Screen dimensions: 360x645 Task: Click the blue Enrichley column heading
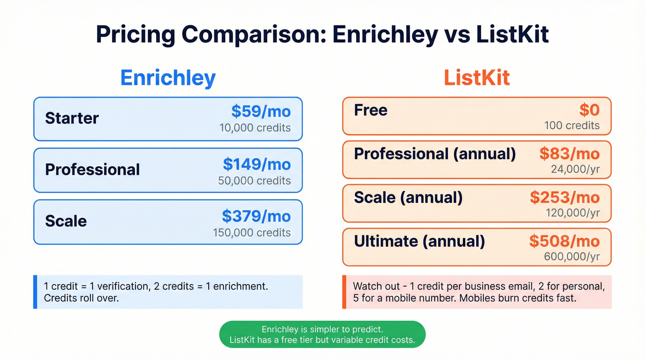point(168,78)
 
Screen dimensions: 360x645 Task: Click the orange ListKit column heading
point(476,78)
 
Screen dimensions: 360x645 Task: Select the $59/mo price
point(261,112)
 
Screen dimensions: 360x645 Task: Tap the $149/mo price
point(257,164)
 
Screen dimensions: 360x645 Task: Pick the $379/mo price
point(256,216)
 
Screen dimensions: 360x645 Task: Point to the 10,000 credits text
point(255,128)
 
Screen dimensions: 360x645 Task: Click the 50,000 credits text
point(254,180)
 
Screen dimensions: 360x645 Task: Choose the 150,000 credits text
point(252,232)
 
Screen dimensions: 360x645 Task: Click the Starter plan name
point(72,118)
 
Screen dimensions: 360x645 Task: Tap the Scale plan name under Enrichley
point(66,221)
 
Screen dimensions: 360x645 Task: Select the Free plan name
point(370,110)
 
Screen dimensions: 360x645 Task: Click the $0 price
point(589,110)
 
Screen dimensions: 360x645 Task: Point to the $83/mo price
point(569,154)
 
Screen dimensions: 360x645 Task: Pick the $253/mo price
point(564,197)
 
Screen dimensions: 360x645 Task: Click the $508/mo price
point(564,241)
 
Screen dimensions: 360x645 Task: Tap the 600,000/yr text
point(572,257)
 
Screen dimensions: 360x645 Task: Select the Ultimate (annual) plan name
point(419,241)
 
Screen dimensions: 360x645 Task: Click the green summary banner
point(322,335)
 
